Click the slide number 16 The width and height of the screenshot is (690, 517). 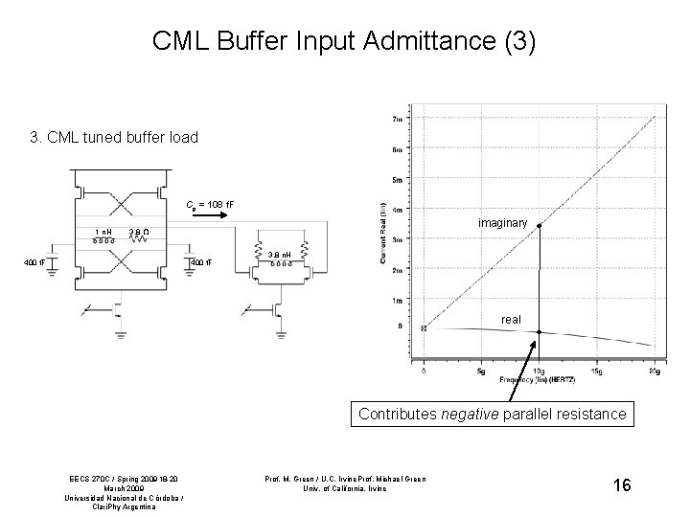click(622, 485)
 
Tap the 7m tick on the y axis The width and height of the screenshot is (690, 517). click(396, 119)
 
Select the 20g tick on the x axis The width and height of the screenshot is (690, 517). click(654, 371)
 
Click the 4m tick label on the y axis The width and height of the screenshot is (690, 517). click(396, 210)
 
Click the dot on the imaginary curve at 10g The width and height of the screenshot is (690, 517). click(540, 225)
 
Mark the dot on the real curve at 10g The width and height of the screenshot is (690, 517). click(540, 332)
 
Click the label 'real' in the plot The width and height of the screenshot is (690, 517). click(512, 320)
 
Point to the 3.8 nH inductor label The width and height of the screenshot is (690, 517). click(279, 253)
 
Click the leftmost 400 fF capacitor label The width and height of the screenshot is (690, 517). click(35, 263)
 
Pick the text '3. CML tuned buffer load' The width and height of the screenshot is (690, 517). click(114, 137)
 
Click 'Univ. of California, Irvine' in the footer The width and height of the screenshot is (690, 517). click(346, 488)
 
